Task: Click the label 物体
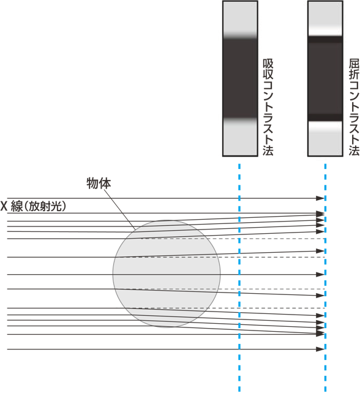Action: [99, 184]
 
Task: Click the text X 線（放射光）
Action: [33, 206]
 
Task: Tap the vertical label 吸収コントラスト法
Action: [268, 107]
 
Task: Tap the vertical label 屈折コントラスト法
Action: [354, 107]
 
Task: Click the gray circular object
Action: [167, 274]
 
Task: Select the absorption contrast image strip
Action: [240, 78]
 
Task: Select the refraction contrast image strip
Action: [325, 78]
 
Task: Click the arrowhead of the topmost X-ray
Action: [320, 198]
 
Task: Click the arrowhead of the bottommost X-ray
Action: [320, 349]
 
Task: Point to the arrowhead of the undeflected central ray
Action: [320, 274]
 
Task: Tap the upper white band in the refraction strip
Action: [325, 31]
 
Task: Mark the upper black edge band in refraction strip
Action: [325, 40]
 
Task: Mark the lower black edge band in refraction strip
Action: [325, 118]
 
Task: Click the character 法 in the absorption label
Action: [268, 150]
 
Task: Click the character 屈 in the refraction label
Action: [354, 64]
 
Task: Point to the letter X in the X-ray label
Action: [4, 206]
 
